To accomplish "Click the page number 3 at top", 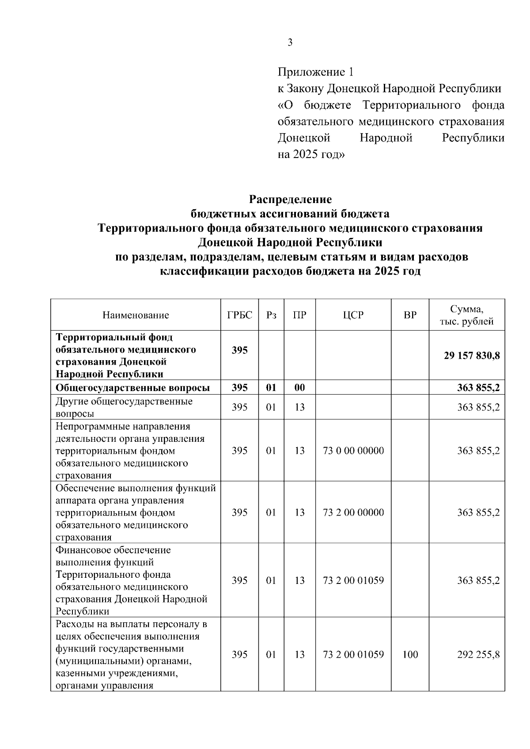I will [x=290, y=43].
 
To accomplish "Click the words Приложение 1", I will [x=315, y=72].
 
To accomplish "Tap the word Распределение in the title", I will [x=290, y=199].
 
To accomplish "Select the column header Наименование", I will [x=136, y=315].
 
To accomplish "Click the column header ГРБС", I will [x=240, y=315].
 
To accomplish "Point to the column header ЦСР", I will [x=353, y=315].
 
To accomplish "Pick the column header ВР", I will [x=410, y=315].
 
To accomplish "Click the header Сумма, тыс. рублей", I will [x=467, y=315].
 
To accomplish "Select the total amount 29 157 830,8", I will [x=472, y=356].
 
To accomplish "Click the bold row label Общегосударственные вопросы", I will [x=132, y=388].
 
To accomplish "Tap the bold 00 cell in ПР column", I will [x=299, y=388].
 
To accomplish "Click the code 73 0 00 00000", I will [x=353, y=451].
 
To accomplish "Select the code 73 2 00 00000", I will [x=353, y=512].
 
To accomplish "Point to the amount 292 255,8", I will [x=478, y=655].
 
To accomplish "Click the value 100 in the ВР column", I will [x=410, y=655].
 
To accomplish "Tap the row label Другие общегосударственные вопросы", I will [x=124, y=407].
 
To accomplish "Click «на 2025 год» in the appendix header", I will [x=311, y=155].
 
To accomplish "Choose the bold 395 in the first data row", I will [x=240, y=350].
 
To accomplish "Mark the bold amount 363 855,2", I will [x=478, y=388].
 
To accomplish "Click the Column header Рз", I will [x=271, y=315].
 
